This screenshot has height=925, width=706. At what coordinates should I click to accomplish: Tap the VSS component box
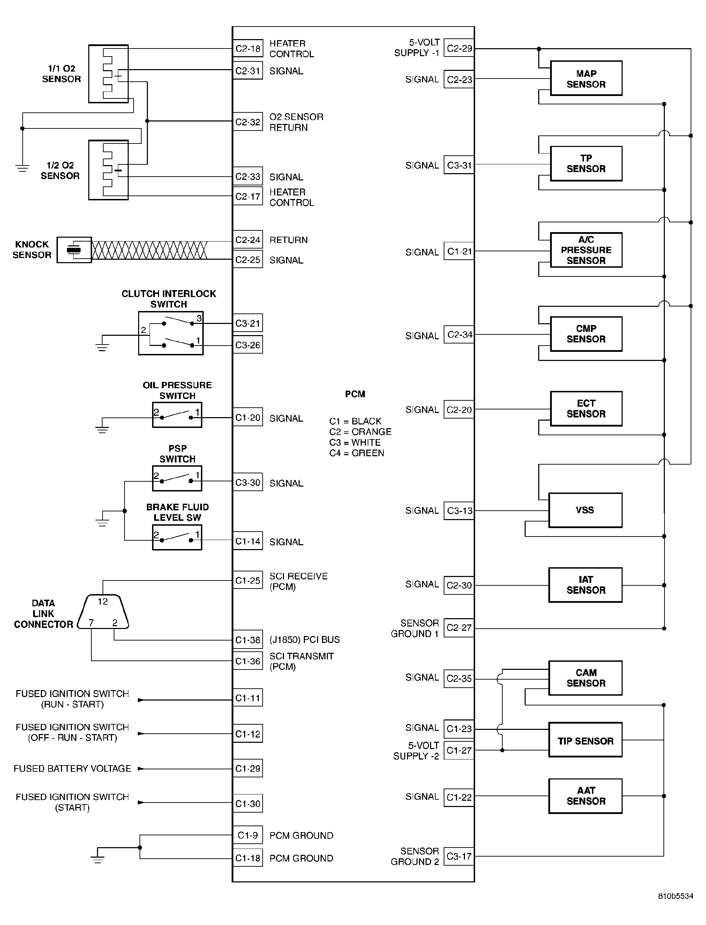(x=585, y=510)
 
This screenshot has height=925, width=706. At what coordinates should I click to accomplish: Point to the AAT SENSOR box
(x=585, y=796)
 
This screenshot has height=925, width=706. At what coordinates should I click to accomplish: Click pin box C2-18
(x=248, y=49)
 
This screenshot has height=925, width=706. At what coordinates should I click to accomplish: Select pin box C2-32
(x=248, y=121)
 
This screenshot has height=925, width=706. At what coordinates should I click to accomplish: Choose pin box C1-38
(x=248, y=639)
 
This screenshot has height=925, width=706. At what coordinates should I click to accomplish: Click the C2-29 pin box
(x=459, y=49)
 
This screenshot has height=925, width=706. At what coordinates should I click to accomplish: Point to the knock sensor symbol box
(x=74, y=250)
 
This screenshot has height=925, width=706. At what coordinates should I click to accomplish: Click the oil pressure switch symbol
(x=177, y=415)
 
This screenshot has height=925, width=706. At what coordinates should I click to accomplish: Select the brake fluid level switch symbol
(x=177, y=537)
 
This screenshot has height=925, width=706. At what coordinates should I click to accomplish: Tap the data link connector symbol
(x=103, y=612)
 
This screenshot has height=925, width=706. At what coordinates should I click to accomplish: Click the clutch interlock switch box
(x=171, y=333)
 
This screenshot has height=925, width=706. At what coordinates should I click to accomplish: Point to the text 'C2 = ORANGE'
(x=360, y=432)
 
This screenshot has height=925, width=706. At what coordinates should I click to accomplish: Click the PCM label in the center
(x=355, y=394)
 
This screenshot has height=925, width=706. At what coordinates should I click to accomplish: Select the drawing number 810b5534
(x=675, y=908)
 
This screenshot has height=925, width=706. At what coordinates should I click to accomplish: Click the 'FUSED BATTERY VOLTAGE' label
(x=72, y=769)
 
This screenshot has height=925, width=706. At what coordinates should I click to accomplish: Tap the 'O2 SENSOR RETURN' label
(x=296, y=122)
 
